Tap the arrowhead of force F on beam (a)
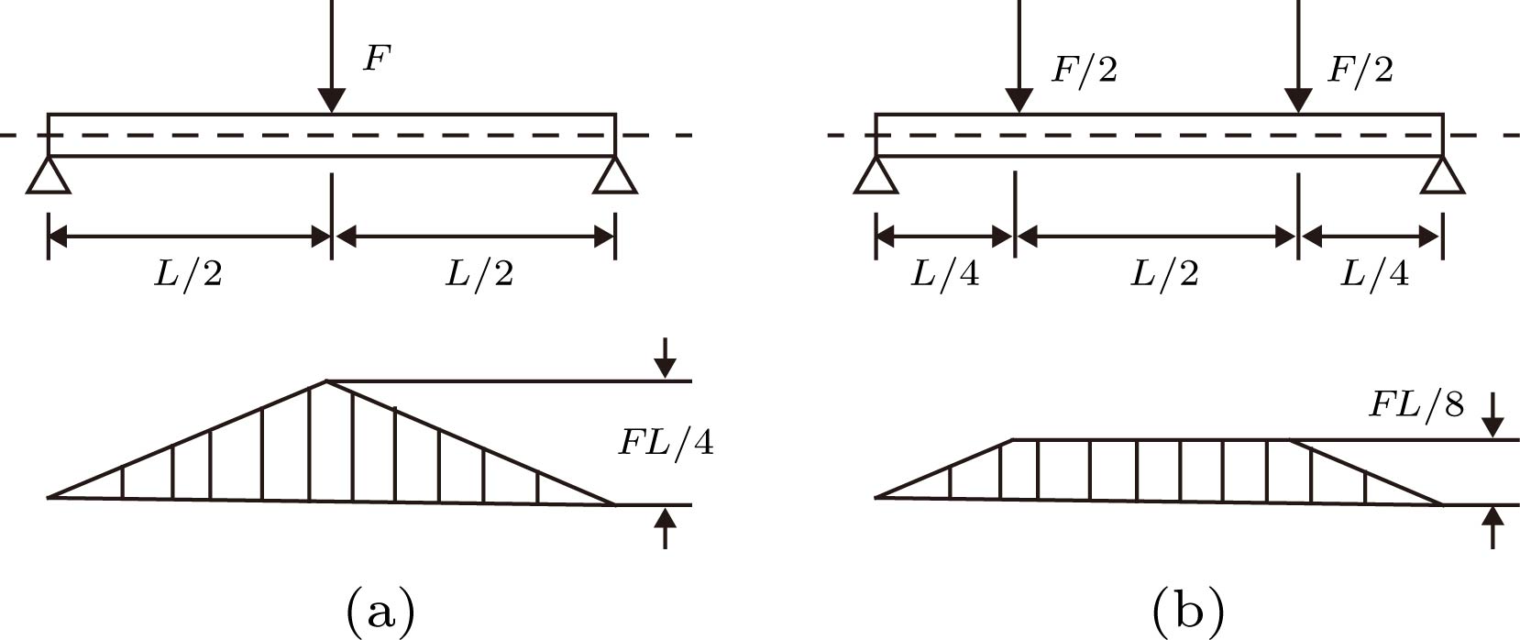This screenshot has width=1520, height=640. (331, 100)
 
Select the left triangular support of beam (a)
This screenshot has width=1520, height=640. (49, 175)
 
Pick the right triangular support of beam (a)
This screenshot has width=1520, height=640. (615, 175)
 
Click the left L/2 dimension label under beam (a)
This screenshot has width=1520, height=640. (188, 274)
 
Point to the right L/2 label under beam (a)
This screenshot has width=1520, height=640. (479, 274)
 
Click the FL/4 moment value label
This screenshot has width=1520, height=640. (666, 443)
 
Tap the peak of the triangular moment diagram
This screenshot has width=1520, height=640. (326, 381)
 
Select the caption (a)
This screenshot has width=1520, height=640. (380, 610)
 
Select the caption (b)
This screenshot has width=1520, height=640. (1188, 610)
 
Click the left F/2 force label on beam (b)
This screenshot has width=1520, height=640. (1084, 70)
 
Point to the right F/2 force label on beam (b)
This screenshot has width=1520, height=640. (1360, 70)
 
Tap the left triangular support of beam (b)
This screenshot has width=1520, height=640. (876, 175)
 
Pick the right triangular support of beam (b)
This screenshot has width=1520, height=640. (1443, 175)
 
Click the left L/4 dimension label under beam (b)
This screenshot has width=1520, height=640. (944, 274)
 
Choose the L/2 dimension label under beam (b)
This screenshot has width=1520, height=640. (1164, 274)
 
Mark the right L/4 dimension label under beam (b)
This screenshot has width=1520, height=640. (1374, 274)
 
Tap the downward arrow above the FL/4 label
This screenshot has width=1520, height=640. (666, 359)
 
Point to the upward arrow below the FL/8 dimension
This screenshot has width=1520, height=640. (1493, 526)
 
